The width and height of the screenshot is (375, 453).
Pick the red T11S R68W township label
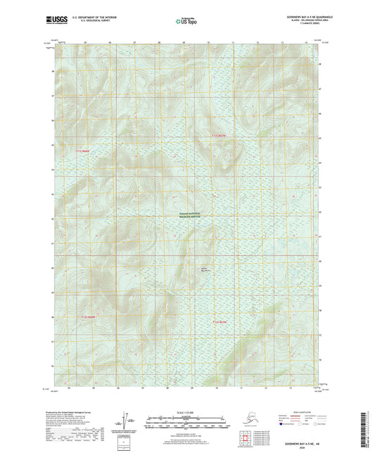pos(84,151)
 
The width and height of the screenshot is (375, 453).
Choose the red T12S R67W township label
pos(220,321)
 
